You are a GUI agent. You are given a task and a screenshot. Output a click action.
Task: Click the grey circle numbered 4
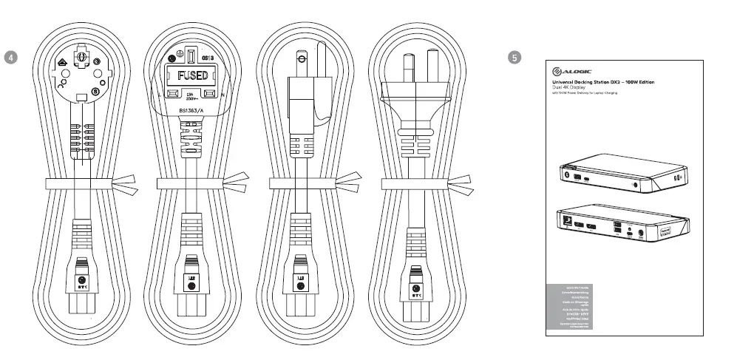click(x=10, y=57)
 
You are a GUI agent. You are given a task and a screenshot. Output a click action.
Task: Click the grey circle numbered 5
click(x=515, y=57)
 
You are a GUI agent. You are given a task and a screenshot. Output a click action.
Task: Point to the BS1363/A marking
click(x=191, y=111)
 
